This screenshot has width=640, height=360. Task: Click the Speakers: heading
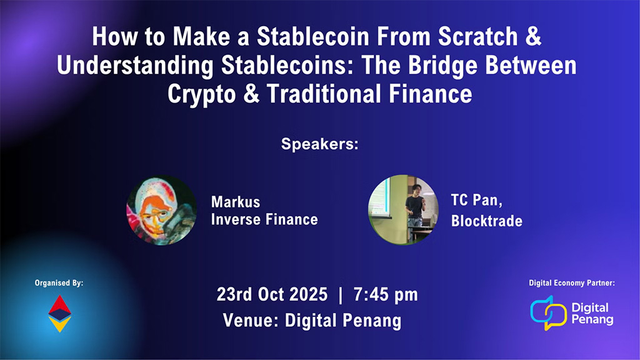point(319,144)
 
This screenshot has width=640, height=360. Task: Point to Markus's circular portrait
point(161,209)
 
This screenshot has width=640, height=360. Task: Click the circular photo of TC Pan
point(403,209)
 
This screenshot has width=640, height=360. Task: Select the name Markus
point(236,202)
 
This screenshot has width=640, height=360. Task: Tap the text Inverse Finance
point(264,219)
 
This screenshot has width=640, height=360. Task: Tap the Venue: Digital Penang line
point(312,321)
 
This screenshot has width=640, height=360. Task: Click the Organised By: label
point(59,283)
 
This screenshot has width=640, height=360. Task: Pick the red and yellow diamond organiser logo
point(59,313)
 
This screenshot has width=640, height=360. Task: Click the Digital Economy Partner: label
point(572,283)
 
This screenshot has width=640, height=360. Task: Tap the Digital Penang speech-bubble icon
point(548,312)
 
